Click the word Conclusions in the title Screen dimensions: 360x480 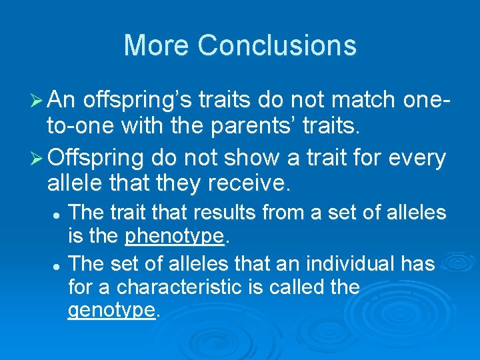tap(277, 45)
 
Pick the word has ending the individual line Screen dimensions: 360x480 tap(419, 264)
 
